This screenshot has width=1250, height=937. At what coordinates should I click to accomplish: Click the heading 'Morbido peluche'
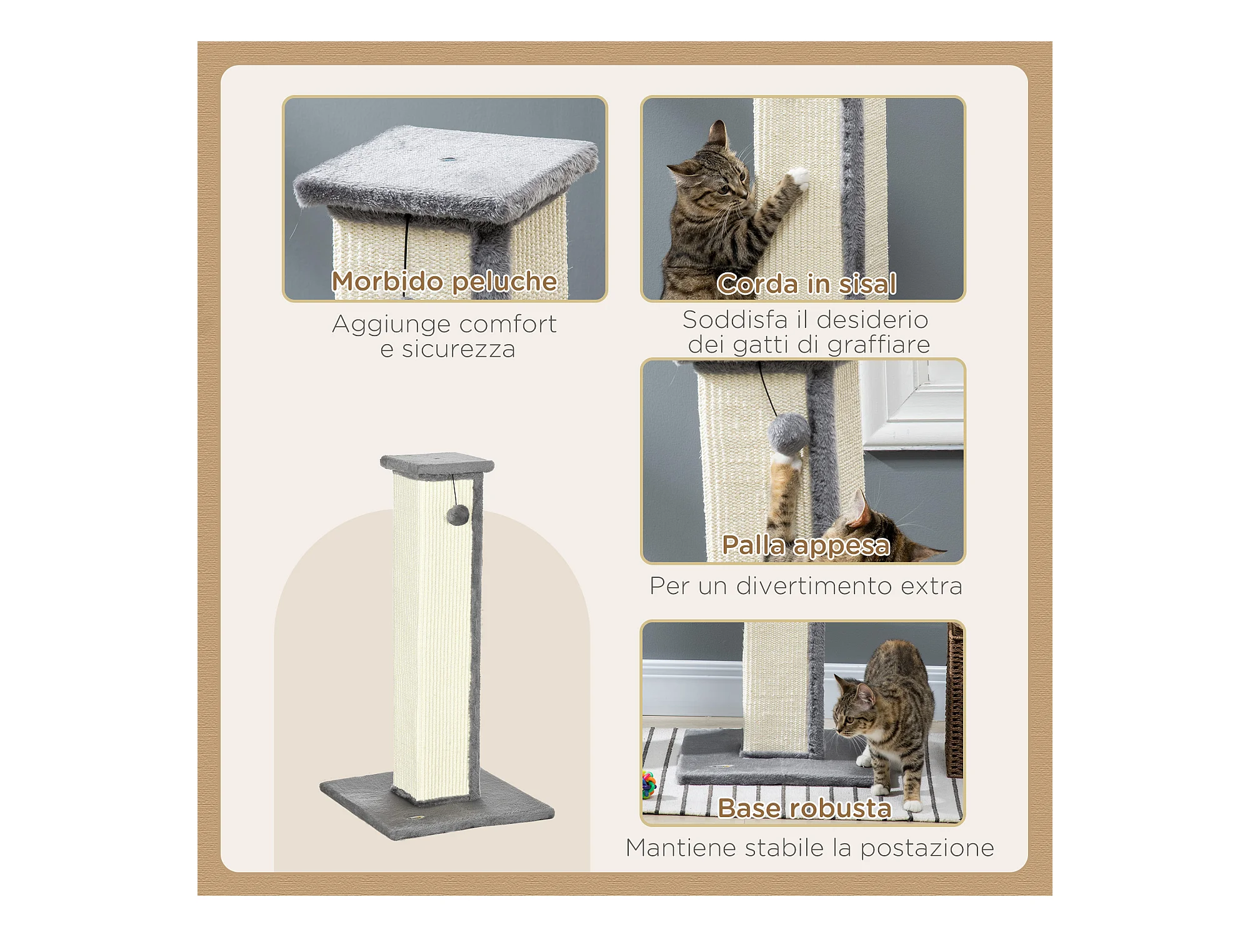444,282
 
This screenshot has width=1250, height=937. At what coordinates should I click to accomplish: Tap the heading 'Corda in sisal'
806,284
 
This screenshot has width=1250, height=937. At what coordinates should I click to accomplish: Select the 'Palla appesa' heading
806,545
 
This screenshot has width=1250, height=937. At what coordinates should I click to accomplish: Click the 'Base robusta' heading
804,808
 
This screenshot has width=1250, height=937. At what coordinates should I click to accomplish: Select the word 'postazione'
927,848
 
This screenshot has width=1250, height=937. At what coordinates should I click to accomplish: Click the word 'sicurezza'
458,350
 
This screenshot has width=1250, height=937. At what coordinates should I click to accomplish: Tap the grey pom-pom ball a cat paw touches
787,432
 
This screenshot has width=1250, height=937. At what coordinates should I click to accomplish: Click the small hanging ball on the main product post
457,515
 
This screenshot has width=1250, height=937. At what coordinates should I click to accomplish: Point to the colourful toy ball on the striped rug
649,785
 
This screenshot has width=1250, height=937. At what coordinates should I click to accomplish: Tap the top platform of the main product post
437,464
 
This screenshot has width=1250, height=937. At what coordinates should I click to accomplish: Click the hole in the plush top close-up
447,159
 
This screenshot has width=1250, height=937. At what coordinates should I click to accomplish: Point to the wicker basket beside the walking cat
955,700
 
